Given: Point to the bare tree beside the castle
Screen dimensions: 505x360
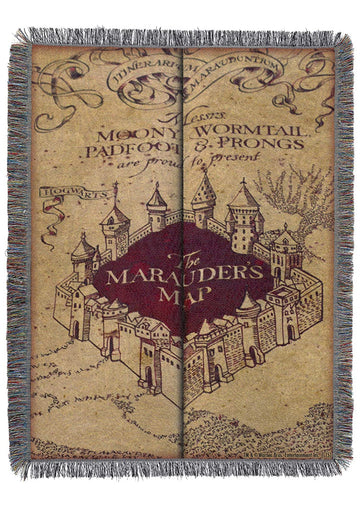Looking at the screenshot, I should (290, 200).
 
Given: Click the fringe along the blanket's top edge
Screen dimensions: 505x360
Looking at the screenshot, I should (180, 36).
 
